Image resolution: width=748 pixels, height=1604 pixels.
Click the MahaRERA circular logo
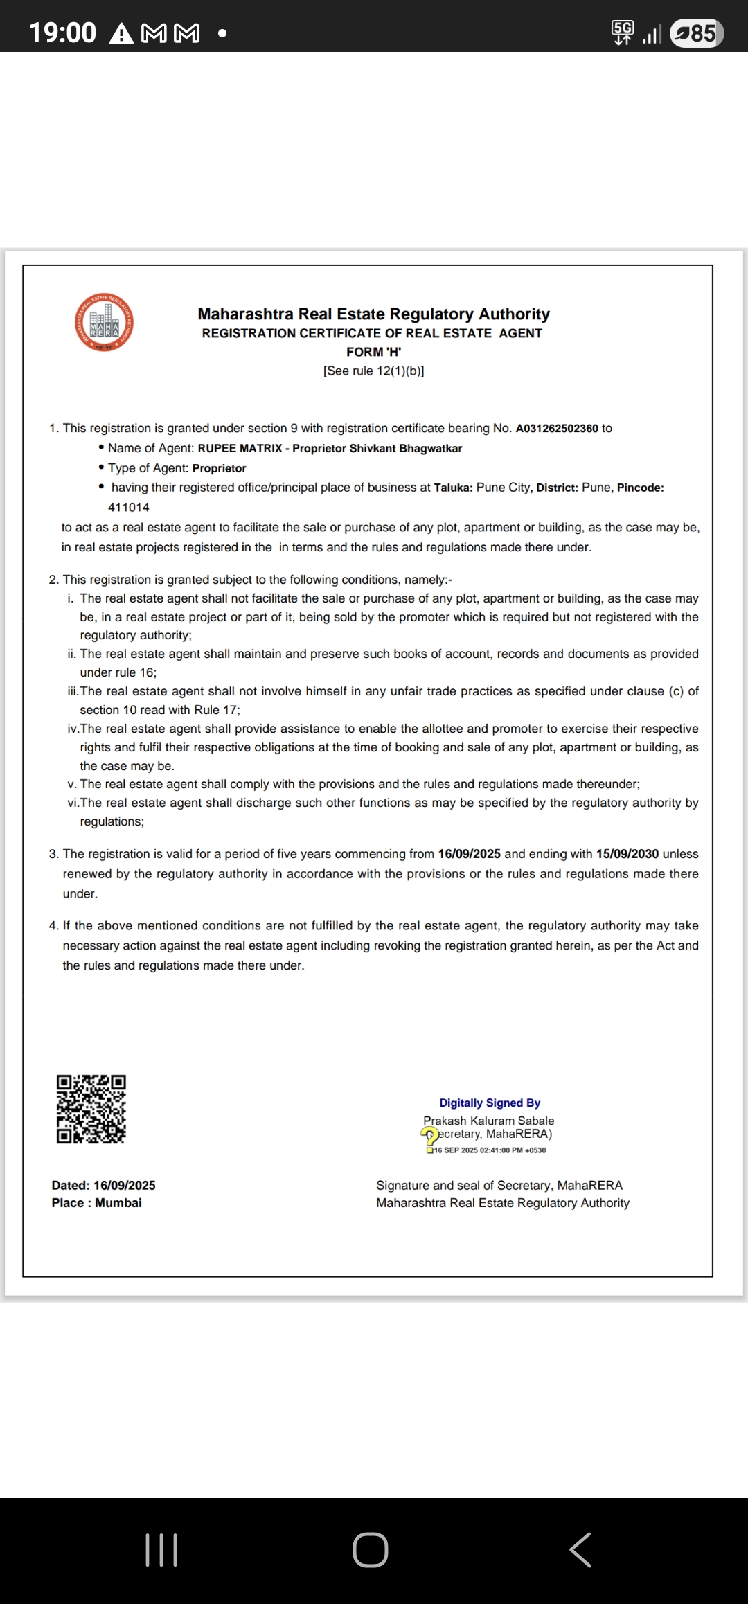tap(104, 323)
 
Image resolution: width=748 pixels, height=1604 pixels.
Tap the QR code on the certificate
tap(91, 1109)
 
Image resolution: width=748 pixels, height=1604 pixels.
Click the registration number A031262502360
tap(556, 429)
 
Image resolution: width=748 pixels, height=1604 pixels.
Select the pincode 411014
tap(129, 508)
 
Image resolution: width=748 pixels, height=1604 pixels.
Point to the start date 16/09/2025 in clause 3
tap(469, 854)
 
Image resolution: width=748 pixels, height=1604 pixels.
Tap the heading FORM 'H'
tap(373, 352)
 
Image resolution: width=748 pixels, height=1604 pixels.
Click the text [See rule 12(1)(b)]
tap(373, 371)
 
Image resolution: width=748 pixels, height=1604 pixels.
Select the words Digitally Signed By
tap(490, 1103)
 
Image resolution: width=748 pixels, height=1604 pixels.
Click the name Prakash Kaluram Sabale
tap(488, 1121)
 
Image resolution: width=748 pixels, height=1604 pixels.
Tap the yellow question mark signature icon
tap(429, 1136)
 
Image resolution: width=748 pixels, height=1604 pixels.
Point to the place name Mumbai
tap(118, 1203)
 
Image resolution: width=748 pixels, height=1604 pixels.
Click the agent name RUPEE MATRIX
tap(240, 449)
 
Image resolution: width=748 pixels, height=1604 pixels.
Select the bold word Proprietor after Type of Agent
tap(219, 468)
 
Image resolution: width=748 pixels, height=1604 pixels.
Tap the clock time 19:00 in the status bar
tap(62, 33)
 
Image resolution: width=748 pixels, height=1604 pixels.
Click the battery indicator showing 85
tap(697, 33)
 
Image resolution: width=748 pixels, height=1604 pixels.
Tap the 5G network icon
tap(622, 32)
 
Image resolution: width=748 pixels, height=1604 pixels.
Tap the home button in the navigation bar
tap(371, 1549)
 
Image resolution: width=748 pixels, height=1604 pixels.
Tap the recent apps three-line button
tap(161, 1549)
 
